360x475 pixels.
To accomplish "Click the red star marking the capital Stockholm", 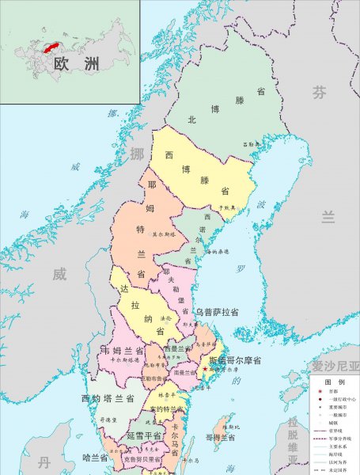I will [205, 369].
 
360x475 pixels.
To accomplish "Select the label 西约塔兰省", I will [107, 397].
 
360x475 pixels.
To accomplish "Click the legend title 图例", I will [333, 381].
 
